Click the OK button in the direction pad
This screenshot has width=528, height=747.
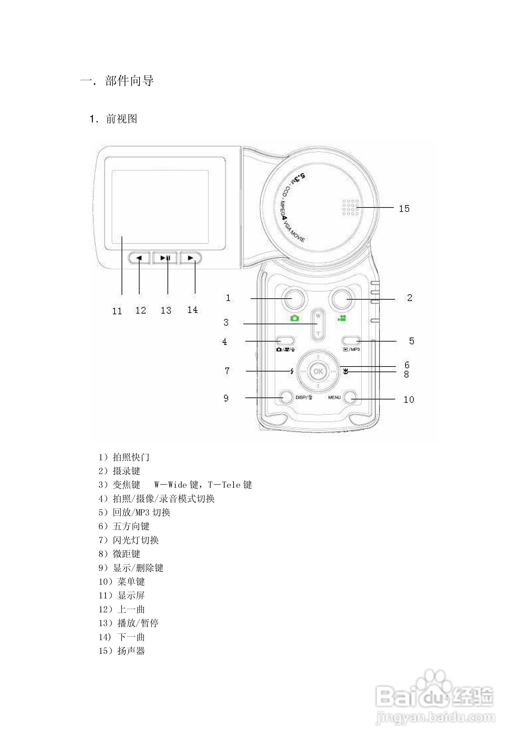[318, 371]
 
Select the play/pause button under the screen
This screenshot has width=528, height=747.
[165, 258]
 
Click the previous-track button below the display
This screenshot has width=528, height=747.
[139, 258]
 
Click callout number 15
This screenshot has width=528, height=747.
[404, 208]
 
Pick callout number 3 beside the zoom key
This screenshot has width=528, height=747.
[226, 322]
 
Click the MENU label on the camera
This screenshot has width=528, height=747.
[334, 397]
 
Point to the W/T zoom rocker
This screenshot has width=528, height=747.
[318, 324]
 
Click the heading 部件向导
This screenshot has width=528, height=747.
[129, 81]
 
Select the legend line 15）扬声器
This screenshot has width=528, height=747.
[122, 651]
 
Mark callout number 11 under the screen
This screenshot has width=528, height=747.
[117, 311]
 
